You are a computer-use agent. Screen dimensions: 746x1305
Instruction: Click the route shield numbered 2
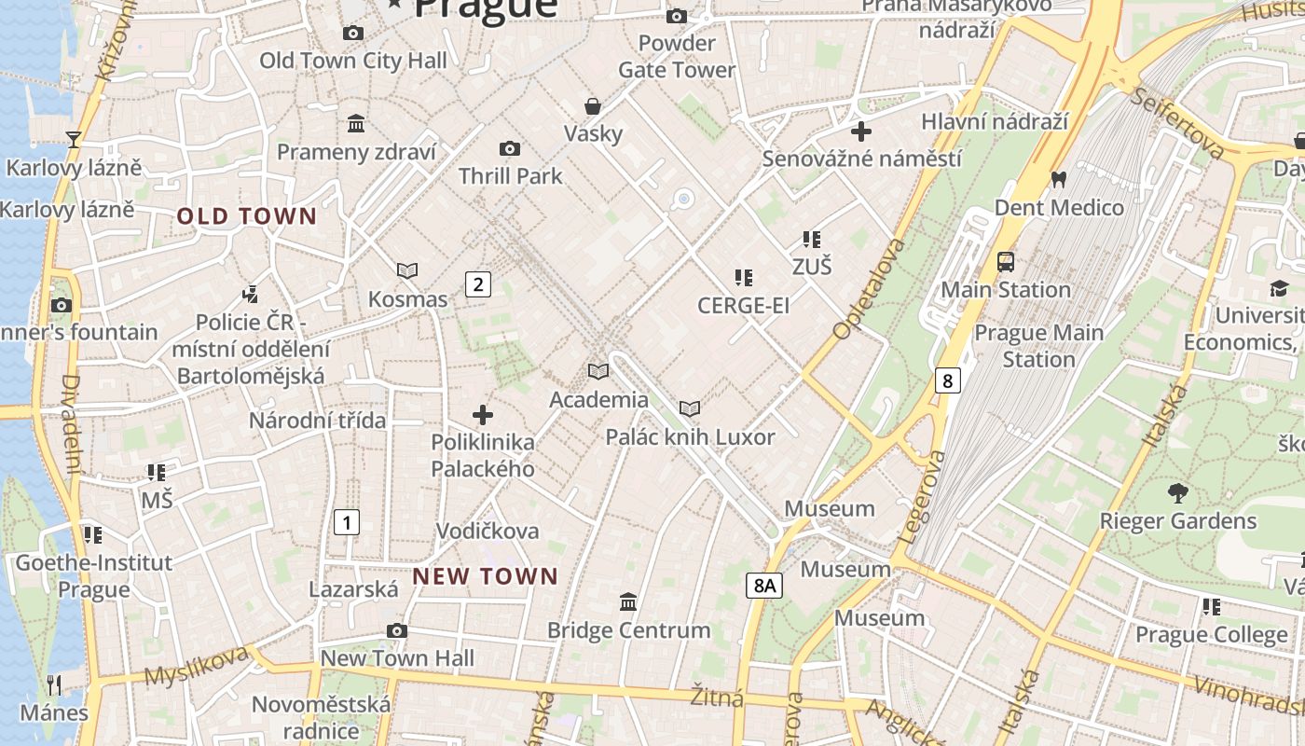[x=478, y=284]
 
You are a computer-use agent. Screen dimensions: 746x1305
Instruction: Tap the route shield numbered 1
[x=346, y=522]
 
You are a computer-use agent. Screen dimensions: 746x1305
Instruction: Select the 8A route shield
[x=763, y=586]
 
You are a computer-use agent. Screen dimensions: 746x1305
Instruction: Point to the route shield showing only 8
[x=947, y=380]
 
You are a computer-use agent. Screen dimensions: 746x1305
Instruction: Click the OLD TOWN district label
[x=247, y=217]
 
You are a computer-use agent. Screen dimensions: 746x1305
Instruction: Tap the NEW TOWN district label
[x=485, y=577]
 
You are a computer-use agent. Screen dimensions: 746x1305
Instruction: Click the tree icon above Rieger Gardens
[x=1178, y=493]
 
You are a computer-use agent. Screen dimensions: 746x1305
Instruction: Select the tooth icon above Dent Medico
[x=1058, y=179]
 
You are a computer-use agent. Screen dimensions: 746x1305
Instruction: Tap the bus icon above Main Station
[x=1006, y=262]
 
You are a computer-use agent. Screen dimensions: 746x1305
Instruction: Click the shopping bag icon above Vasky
[x=593, y=106]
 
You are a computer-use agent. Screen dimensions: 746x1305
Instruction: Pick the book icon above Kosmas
[x=407, y=271]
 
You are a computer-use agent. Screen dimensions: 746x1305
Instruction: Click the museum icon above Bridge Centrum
[x=628, y=602]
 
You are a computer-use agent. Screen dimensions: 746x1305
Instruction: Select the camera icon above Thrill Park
[x=510, y=149]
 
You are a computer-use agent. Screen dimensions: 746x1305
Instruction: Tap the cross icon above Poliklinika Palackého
[x=483, y=415]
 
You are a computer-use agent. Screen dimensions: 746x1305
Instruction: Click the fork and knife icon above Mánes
[x=54, y=685]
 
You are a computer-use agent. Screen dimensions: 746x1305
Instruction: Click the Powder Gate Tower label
[x=677, y=56]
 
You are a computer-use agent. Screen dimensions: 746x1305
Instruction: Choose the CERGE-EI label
[x=743, y=306]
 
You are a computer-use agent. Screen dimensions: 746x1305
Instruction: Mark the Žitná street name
[x=717, y=697]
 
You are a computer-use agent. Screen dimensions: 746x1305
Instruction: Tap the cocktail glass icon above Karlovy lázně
[x=74, y=140]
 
